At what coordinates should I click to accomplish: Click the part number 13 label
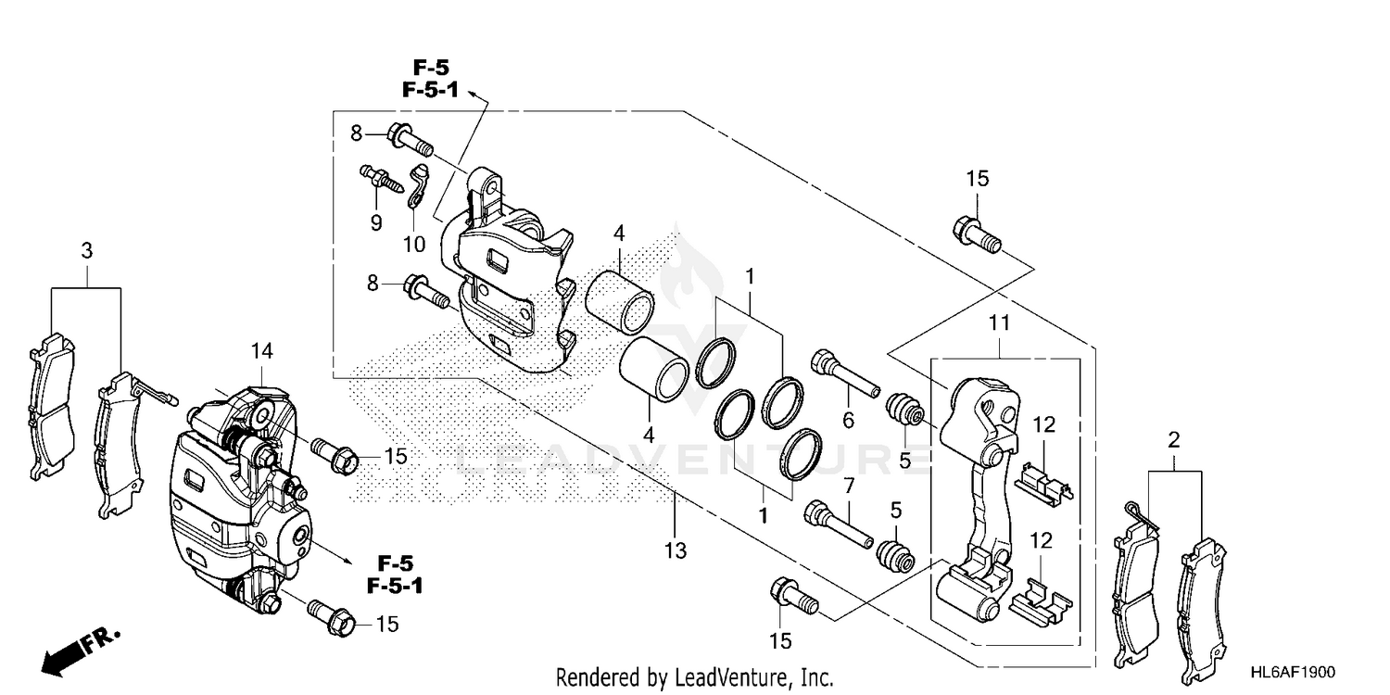[675, 551]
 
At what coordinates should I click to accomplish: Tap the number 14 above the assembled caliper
[262, 350]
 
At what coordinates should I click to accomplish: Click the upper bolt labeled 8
[411, 139]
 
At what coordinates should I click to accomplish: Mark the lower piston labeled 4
[653, 368]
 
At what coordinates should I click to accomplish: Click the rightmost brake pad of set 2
[1209, 602]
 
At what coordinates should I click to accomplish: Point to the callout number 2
[1173, 440]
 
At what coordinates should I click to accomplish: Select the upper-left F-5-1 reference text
[430, 91]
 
